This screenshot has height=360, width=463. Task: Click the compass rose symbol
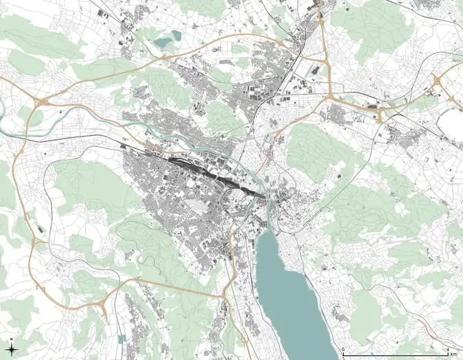coord(13,348)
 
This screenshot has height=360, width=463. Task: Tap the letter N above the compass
coord(13,339)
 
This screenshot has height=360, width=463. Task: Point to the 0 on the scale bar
coord(344,350)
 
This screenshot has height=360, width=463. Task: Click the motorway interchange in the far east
coord(436,86)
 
